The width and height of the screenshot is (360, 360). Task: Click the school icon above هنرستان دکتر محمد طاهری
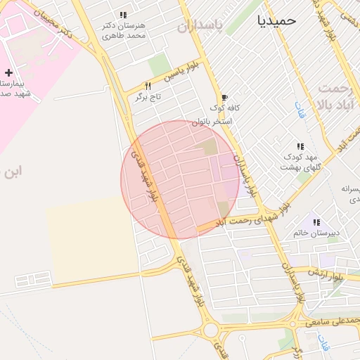click(x=123, y=15)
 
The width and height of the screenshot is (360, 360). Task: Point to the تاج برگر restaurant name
click(x=149, y=98)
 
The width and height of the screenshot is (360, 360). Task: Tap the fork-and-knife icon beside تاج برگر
click(x=148, y=86)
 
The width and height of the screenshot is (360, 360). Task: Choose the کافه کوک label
click(x=225, y=109)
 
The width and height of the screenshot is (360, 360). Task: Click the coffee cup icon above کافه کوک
click(x=224, y=98)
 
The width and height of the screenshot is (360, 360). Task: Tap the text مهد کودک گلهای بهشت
click(x=300, y=162)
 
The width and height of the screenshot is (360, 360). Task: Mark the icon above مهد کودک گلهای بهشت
click(x=301, y=146)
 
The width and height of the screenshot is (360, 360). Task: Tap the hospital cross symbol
click(x=8, y=72)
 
